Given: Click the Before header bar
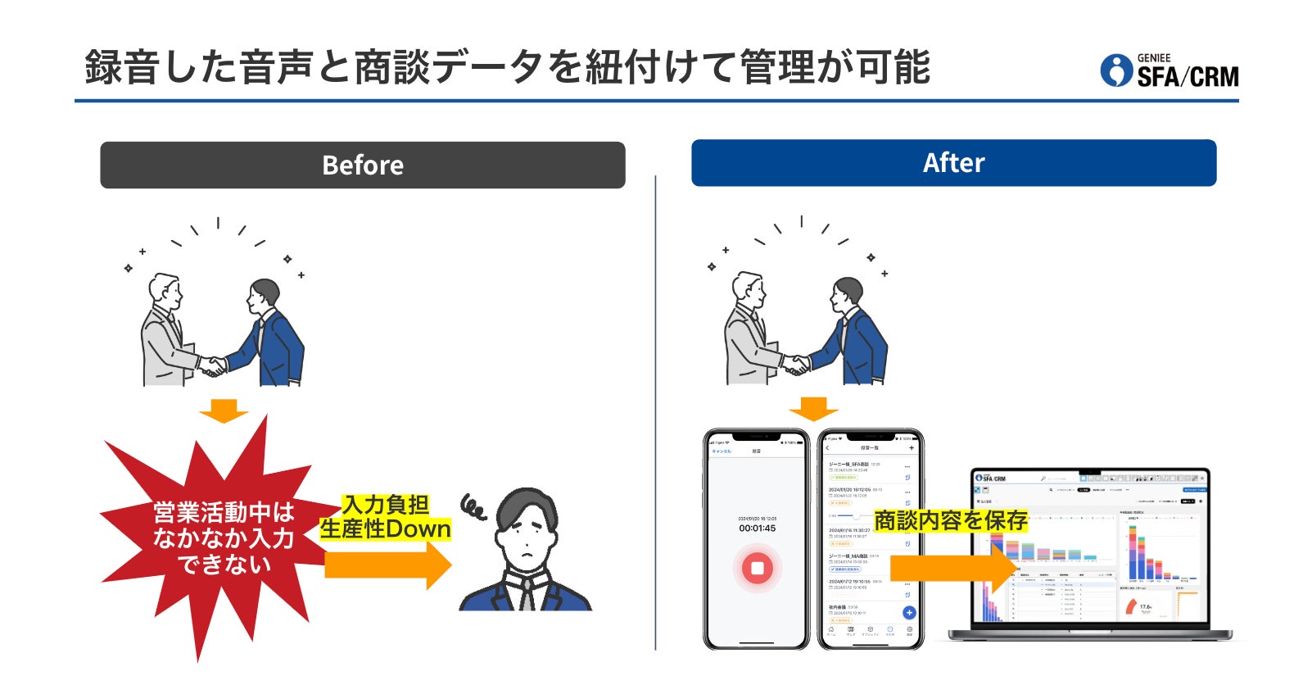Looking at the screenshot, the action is tap(363, 165).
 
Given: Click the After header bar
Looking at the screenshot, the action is tap(953, 162).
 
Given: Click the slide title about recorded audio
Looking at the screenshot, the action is tap(508, 67).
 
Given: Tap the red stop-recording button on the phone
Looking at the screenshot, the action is tap(758, 568).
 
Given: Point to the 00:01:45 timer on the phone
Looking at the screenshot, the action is tap(757, 528).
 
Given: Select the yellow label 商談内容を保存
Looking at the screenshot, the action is tap(950, 521).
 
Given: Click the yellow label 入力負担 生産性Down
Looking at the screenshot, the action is tap(385, 518).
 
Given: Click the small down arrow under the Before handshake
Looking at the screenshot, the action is tap(223, 410).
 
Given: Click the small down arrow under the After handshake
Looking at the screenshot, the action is tap(812, 408).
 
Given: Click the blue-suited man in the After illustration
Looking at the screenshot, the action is tap(852, 336).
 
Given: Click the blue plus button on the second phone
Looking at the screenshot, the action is tap(908, 612).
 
